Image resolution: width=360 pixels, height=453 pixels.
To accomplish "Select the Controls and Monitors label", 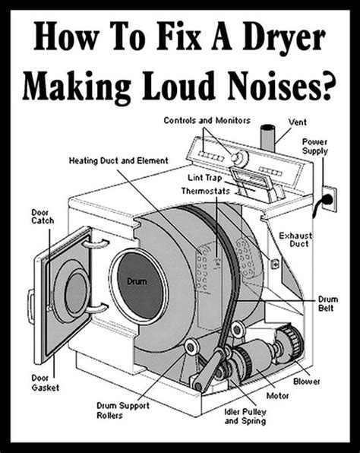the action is click(207, 121).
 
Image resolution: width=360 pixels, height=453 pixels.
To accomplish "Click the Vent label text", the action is click(298, 122).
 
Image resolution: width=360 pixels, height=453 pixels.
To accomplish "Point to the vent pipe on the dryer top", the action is click(267, 138).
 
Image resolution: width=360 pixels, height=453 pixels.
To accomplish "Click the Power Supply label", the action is click(314, 147).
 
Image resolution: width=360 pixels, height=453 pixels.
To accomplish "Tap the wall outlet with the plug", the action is click(330, 200).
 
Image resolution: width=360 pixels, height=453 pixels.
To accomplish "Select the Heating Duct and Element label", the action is click(118, 160).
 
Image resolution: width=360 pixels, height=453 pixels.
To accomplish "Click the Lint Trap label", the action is click(204, 177).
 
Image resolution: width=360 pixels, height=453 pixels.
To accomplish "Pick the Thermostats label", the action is click(206, 191).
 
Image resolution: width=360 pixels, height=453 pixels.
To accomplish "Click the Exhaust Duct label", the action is click(295, 239).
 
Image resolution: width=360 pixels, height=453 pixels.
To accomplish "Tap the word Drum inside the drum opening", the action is click(137, 281).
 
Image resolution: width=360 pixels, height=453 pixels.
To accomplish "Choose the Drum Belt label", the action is click(327, 303).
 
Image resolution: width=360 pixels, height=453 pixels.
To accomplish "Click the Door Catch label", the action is click(43, 217).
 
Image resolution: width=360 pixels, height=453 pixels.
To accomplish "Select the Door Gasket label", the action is click(46, 383).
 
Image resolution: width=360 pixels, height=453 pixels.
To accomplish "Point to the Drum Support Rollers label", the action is click(123, 410).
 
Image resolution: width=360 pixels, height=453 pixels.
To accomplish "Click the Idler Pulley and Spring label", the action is click(245, 417).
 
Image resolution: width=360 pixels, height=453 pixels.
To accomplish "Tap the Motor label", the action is click(277, 395).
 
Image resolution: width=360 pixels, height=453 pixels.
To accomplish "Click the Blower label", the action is click(307, 382).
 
